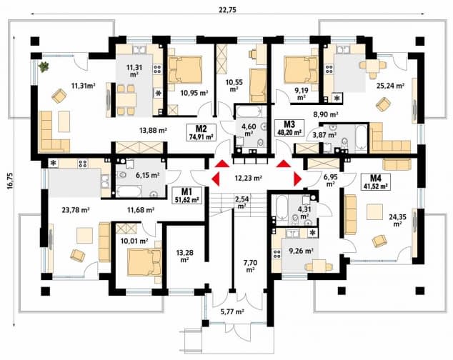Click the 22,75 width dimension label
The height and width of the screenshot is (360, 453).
coord(228,9)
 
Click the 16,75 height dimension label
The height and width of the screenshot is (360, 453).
coord(9,181)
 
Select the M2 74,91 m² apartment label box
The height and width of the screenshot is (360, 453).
coord(201,132)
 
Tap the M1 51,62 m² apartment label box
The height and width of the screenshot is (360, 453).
coord(187,195)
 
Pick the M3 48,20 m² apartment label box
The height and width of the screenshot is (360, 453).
coord(289,128)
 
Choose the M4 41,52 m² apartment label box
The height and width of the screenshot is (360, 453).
coord(376,181)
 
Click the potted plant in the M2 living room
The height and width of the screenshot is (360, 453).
coord(44,67)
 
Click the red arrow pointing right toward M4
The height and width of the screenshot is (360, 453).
coord(297,179)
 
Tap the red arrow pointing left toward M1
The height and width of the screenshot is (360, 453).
coord(216,179)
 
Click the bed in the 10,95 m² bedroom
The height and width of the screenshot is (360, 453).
coord(184,70)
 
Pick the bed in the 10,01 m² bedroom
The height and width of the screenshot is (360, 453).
coord(145,262)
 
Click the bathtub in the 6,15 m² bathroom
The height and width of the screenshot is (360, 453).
coord(129,192)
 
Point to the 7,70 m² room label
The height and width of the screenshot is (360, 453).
coord(250,266)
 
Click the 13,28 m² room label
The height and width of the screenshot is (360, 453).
coord(185,256)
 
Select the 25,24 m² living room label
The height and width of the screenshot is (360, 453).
coord(390,86)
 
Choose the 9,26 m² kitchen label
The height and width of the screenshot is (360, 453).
coord(302,251)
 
